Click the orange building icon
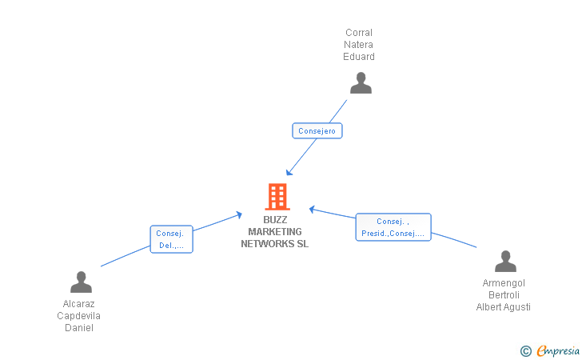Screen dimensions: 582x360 point(277,197)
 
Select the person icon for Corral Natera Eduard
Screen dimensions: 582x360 point(361,83)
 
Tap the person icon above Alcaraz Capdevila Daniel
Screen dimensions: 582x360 point(81,282)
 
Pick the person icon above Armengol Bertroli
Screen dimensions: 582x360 point(505,261)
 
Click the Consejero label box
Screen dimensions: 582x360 point(317,130)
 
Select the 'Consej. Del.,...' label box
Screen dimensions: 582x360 point(171,239)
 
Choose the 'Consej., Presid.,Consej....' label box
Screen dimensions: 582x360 point(393,227)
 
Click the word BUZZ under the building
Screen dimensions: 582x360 point(275,219)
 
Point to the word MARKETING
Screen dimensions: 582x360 point(275,232)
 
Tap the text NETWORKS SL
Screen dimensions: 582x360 point(275,244)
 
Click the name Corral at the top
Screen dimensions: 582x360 point(359,33)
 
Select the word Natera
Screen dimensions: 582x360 point(358,45)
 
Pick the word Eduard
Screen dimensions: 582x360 point(359,57)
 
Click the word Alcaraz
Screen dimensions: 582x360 point(78,304)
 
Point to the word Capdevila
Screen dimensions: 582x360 point(78,316)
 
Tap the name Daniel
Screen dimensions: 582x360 point(79,328)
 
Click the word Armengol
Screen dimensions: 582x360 point(504,283)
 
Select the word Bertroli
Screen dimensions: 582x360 point(504,295)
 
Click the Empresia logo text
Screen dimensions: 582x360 point(558,350)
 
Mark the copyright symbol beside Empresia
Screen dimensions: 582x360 point(526,351)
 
